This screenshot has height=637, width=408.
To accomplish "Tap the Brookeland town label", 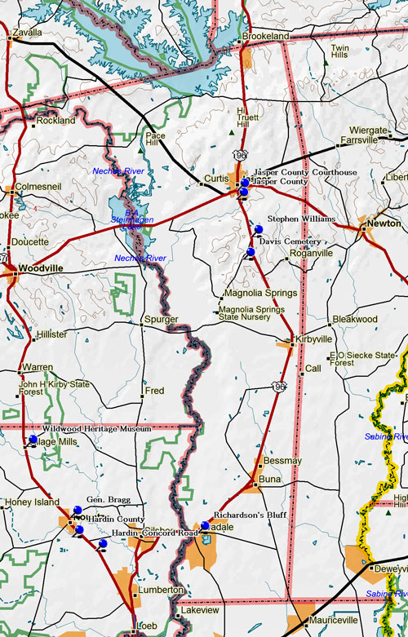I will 267,38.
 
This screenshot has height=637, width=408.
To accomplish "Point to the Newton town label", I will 383,223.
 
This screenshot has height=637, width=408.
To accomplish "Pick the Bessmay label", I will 283,461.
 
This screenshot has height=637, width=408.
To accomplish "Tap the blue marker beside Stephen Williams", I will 259,228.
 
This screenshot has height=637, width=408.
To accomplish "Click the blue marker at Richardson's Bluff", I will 205,526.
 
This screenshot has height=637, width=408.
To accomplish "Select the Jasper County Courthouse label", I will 304,173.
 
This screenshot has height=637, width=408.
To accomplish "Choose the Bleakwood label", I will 356,320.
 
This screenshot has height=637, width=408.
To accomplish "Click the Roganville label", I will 312,254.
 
